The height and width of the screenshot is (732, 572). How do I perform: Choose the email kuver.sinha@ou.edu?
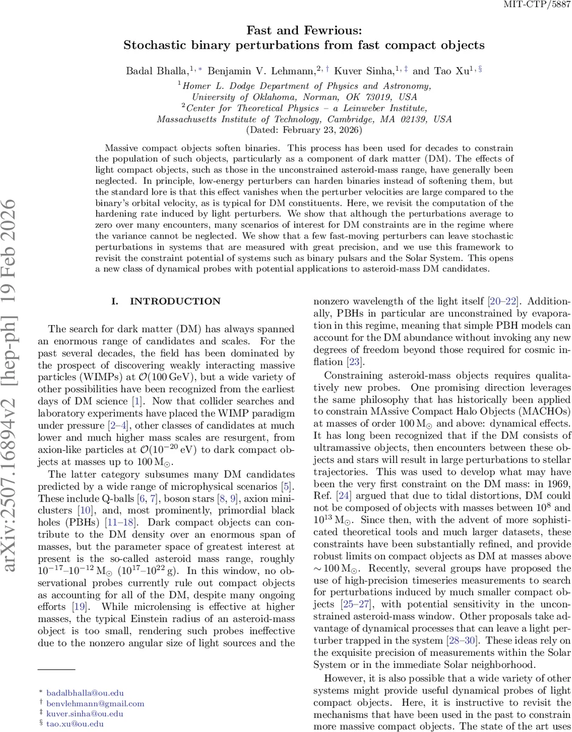point(79,713)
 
